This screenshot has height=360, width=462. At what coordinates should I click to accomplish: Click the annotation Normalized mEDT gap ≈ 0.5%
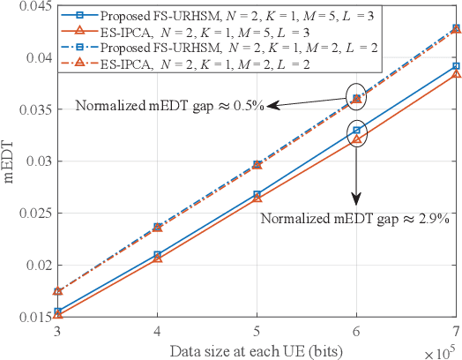pos(169,106)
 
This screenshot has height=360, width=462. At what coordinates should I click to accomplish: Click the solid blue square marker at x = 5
pos(257,194)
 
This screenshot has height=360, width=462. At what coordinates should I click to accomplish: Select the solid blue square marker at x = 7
pos(456,66)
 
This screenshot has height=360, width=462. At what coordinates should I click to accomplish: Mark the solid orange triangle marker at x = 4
pos(157,258)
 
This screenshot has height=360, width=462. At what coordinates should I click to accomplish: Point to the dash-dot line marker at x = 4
pos(157,227)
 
